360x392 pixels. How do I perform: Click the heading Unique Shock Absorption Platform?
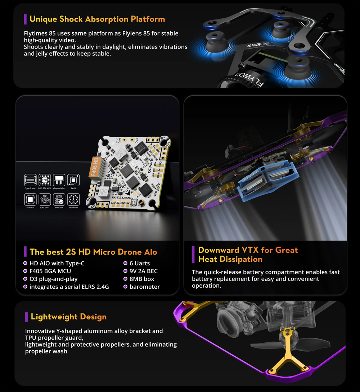tap(97, 19)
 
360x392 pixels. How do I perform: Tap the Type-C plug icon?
tap(30, 180)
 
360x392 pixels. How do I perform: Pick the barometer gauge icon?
tap(73, 200)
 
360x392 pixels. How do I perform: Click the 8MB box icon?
tap(59, 200)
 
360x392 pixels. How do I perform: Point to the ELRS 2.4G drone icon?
tap(44, 200)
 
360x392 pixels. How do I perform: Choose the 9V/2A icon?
tap(73, 180)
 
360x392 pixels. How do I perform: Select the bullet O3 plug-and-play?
tap(53, 279)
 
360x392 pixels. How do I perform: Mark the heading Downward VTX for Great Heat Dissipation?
tap(248, 254)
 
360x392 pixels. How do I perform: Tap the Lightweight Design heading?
tap(68, 317)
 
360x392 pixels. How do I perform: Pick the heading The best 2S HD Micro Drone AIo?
tap(93, 252)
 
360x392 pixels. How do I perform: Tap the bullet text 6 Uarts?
tap(140, 263)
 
